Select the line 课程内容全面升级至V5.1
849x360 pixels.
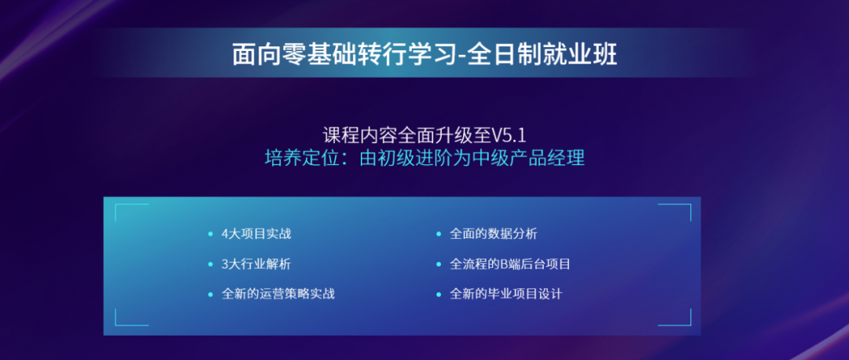(x=424, y=134)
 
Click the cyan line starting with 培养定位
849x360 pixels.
(x=424, y=157)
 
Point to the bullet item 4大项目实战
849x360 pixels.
(x=256, y=234)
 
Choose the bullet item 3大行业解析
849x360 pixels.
(x=256, y=264)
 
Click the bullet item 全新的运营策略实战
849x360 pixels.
(x=277, y=294)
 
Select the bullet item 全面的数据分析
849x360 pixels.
(x=493, y=234)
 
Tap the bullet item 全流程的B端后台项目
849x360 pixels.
(x=510, y=264)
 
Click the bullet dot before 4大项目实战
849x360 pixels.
(x=211, y=234)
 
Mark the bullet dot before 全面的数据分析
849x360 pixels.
(x=439, y=234)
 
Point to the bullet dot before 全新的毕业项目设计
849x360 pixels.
(x=439, y=295)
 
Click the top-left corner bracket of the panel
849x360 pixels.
(x=116, y=204)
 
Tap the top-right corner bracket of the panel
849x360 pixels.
(x=690, y=204)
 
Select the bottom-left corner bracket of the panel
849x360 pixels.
(x=116, y=325)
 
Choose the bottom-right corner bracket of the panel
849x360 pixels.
(x=690, y=325)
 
